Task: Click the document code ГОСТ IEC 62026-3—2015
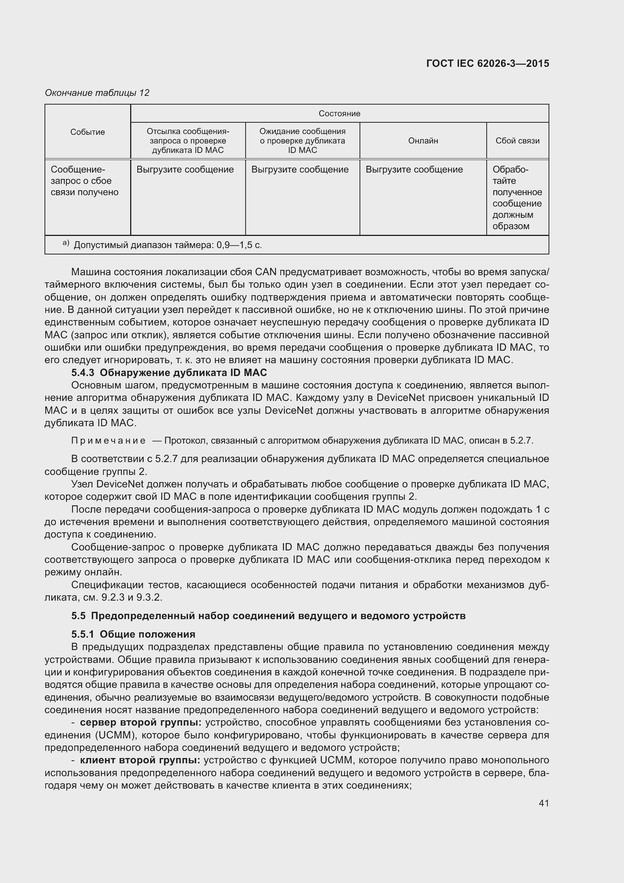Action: pos(487,63)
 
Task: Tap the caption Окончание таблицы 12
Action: pos(97,93)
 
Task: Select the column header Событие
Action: pos(88,132)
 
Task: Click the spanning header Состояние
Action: pos(339,114)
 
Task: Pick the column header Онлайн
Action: pos(423,141)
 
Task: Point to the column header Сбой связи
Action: pos(517,141)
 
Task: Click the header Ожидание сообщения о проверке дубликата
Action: pos(303,141)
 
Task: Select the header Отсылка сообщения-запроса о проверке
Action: pos(188,141)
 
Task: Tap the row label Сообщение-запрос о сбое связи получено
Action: pos(85,181)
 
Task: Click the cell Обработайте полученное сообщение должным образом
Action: pos(517,198)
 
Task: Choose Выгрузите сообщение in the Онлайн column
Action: pos(414,170)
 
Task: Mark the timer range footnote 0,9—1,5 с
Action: pos(168,245)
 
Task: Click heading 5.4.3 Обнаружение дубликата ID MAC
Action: pos(169,373)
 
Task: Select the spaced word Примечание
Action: pos(108,441)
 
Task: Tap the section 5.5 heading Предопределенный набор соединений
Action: pos(268,616)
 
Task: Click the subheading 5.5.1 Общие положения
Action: pos(133,634)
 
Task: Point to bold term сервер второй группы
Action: pos(141,722)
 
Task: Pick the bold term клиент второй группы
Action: pos(140,760)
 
